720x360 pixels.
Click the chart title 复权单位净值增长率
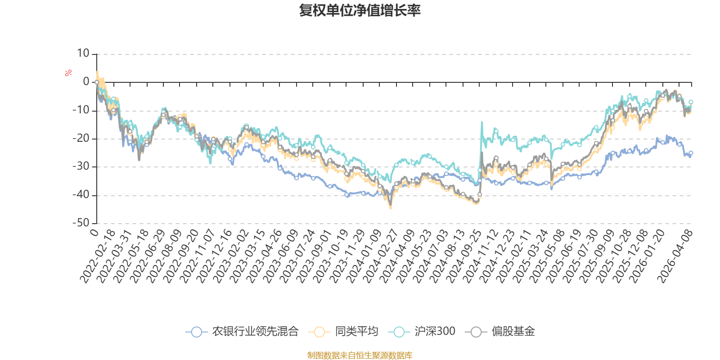[x=360, y=10]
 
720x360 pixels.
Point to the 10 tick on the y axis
[x=83, y=54]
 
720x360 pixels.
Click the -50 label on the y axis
[x=81, y=223]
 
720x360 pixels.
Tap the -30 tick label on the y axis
[x=81, y=166]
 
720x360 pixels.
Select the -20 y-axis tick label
[x=81, y=139]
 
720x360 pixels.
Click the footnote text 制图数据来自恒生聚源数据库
[x=360, y=355]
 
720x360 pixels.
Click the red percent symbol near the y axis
[x=68, y=73]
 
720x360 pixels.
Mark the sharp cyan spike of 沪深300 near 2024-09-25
[x=482, y=122]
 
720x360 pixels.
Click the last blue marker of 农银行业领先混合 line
[x=691, y=153]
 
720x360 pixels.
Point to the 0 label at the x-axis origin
[x=94, y=232]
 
